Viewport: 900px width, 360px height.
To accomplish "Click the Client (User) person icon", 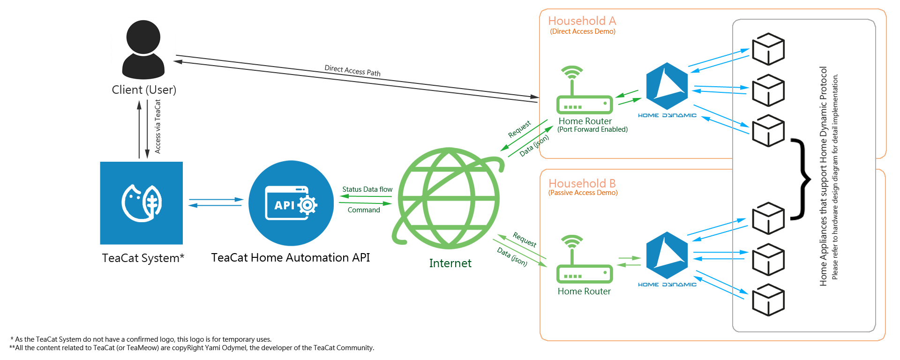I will tap(143, 49).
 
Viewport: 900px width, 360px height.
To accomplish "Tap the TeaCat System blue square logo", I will tap(141, 203).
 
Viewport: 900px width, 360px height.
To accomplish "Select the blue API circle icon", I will tap(291, 203).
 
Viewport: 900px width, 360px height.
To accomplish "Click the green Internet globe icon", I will tap(449, 198).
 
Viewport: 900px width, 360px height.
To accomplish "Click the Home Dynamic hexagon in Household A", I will tap(667, 86).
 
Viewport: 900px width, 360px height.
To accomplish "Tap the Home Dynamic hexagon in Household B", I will tap(667, 255).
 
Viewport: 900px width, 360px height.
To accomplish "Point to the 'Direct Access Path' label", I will tap(352, 71).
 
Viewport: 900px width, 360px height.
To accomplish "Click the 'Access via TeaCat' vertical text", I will tap(157, 127).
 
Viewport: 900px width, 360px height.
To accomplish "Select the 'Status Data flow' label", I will tap(367, 189).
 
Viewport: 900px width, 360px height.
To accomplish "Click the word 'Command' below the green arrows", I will tap(364, 210).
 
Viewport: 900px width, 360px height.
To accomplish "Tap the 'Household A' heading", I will tap(582, 21).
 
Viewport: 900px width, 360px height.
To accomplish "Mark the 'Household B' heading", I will tap(582, 183).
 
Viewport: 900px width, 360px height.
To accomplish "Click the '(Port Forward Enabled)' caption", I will tap(592, 129).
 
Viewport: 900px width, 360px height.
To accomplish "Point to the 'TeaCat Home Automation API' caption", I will tap(290, 257).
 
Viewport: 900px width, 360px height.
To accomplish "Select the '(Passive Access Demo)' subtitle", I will tap(583, 193).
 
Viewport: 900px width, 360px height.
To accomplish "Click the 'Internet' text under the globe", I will tap(450, 263).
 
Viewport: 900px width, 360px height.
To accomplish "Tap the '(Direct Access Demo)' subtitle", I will tap(582, 31).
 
